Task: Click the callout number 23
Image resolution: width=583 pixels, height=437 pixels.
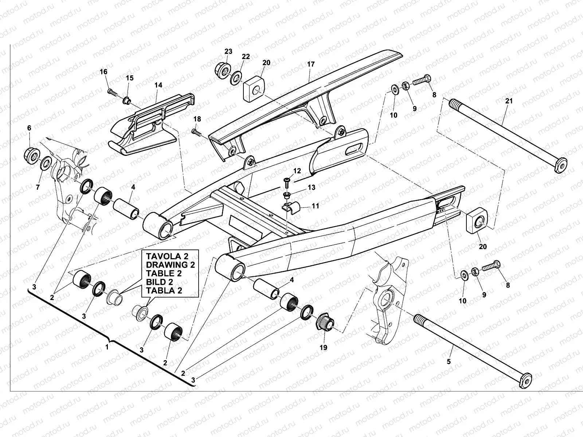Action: [228, 52]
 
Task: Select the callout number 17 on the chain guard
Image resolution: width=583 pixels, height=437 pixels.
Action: [310, 64]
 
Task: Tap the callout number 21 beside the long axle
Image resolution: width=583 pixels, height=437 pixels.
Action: [509, 101]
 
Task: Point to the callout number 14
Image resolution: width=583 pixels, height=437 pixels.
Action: [158, 85]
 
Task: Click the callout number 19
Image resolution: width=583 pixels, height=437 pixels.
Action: [323, 347]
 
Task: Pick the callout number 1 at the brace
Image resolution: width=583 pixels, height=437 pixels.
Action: [107, 347]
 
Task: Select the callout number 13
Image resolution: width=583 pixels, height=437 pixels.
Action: [312, 188]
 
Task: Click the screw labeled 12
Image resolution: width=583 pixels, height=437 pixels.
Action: [287, 180]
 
